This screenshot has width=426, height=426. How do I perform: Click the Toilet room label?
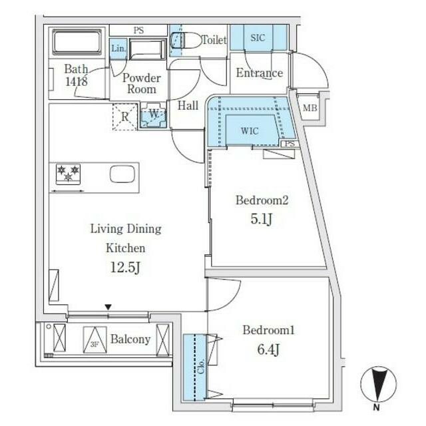(214, 40)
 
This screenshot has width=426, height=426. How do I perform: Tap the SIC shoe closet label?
(257, 38)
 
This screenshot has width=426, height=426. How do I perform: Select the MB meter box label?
(310, 108)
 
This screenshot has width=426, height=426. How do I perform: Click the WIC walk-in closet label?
(250, 131)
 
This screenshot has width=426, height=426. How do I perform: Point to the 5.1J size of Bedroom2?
(262, 219)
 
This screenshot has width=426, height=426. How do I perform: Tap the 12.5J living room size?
(126, 268)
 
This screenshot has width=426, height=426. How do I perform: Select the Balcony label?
(130, 339)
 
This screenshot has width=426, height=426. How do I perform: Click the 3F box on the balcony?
(93, 340)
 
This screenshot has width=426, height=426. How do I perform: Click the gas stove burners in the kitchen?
(68, 174)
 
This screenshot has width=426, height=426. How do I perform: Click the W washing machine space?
(153, 114)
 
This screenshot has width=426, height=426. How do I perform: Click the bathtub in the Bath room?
(76, 43)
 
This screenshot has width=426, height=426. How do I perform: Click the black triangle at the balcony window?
(108, 307)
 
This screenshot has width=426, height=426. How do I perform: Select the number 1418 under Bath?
(75, 83)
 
